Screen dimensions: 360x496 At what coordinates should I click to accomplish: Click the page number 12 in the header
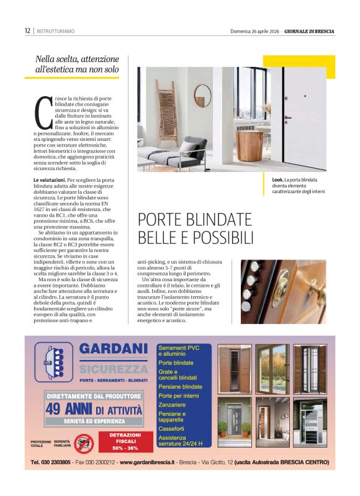tap(27, 30)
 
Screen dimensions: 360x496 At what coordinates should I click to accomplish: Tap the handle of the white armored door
tap(288, 117)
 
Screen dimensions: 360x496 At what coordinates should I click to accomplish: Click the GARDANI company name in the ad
tap(113, 349)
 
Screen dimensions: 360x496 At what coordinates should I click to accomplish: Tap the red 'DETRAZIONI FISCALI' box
tap(126, 441)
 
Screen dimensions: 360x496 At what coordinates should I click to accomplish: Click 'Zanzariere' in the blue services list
tap(173, 404)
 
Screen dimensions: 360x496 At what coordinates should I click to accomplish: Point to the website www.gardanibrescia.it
tap(147, 462)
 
